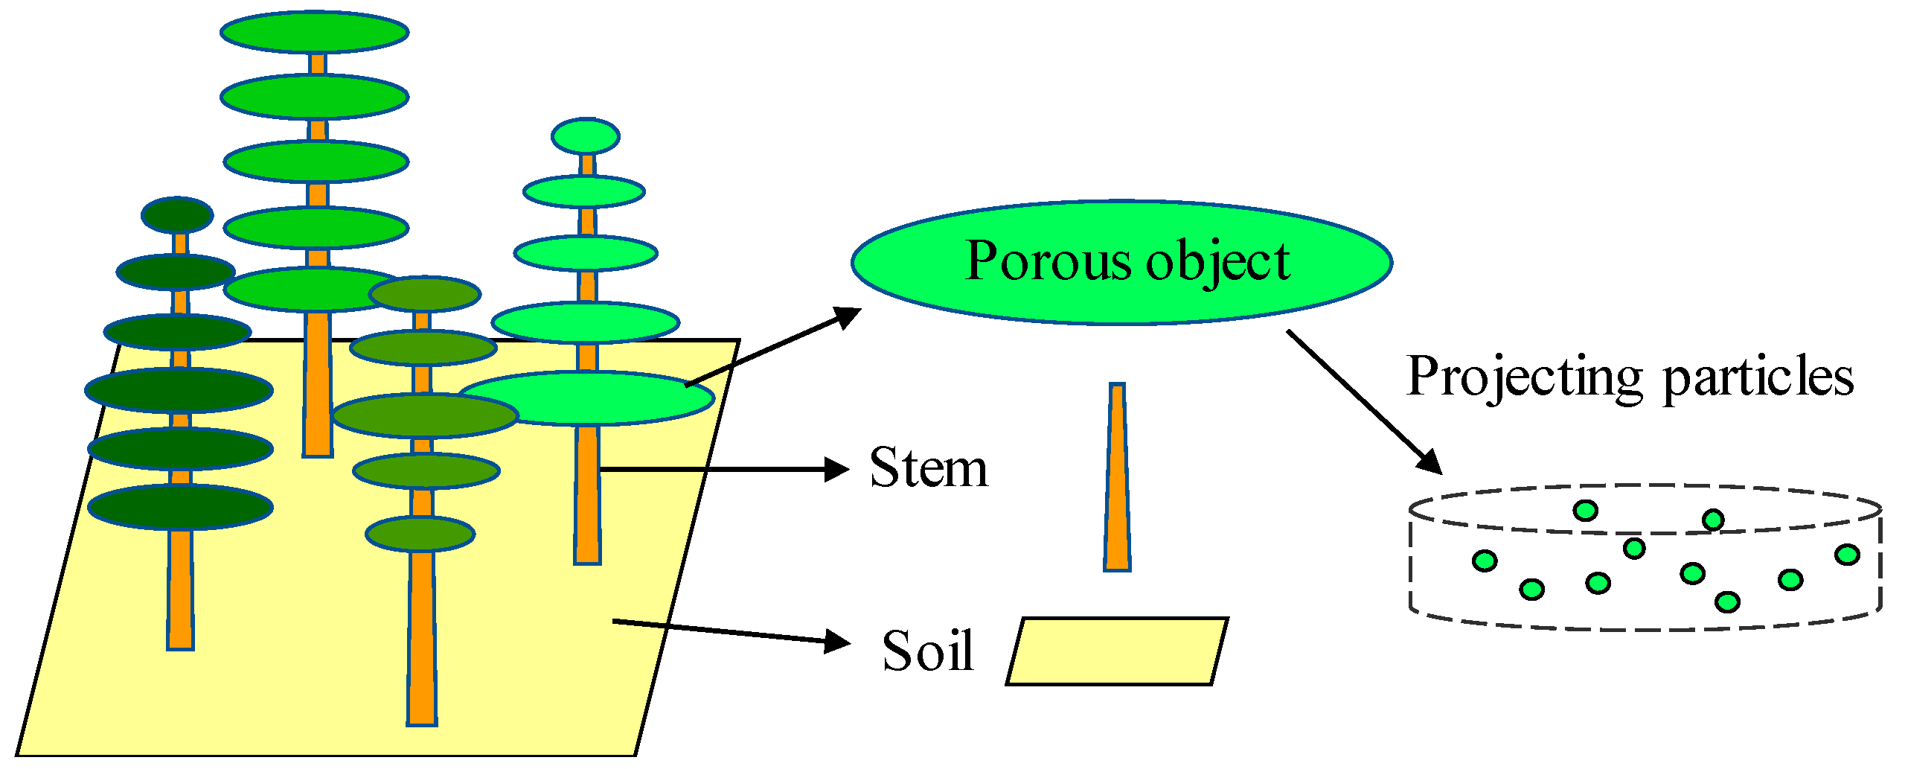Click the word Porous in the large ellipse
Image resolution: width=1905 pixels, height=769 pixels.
1048,261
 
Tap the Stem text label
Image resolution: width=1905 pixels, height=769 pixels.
929,468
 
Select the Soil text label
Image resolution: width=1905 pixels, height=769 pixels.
927,651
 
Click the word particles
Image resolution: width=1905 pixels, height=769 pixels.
1758,377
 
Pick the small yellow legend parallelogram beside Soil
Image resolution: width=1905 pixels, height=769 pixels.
1116,651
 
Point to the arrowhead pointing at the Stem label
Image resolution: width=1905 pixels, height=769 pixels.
838,470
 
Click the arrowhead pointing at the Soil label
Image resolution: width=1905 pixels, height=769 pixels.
839,641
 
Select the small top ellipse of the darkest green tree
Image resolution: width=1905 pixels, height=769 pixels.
177,215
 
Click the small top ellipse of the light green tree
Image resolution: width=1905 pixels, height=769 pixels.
586,136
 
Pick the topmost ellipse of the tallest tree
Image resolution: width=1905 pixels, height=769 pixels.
314,32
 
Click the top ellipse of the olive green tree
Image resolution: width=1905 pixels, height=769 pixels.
425,294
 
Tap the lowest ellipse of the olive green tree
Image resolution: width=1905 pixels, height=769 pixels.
420,534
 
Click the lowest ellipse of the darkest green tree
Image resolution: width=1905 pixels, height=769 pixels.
181,507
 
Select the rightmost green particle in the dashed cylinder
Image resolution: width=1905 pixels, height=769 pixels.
1847,555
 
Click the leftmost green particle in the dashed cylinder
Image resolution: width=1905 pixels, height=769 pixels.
1485,561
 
